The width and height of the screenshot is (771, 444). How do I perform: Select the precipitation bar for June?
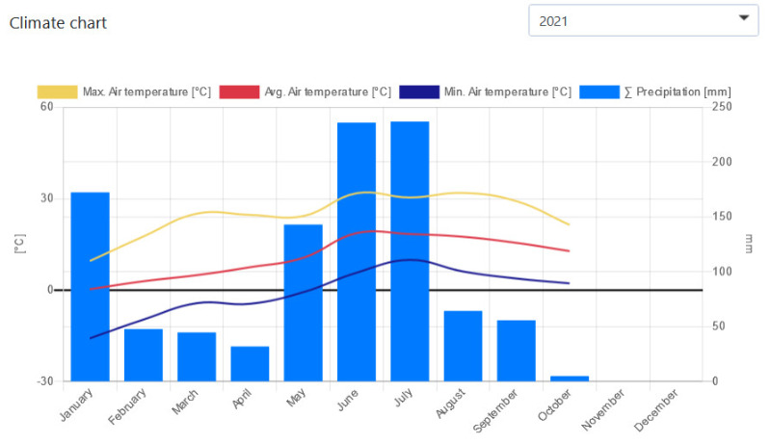[x=357, y=251]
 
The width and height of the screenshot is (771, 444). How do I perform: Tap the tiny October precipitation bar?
[x=570, y=379]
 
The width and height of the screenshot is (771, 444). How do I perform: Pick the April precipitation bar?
[x=250, y=363]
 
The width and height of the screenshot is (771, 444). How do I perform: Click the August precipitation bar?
[x=463, y=346]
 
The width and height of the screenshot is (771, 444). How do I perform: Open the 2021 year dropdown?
[x=643, y=19]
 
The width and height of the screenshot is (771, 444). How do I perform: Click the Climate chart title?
[x=58, y=22]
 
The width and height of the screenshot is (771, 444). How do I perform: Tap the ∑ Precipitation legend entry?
[x=656, y=91]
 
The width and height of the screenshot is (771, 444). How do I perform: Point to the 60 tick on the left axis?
[x=46, y=107]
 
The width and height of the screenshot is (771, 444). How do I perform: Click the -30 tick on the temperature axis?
[x=44, y=381]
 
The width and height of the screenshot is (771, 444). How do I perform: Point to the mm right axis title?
[x=749, y=245]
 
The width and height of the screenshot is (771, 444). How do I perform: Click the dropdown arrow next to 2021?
[x=743, y=18]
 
